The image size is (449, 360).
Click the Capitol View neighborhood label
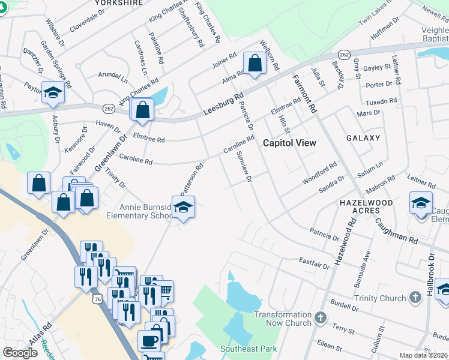(290, 143)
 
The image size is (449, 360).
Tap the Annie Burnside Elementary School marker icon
(184, 208)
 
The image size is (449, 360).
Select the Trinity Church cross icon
(415, 298)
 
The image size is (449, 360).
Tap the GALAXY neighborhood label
(363, 138)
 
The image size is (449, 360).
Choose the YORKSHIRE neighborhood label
(119, 3)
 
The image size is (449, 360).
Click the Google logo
(20, 353)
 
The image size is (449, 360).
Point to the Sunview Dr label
(243, 167)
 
